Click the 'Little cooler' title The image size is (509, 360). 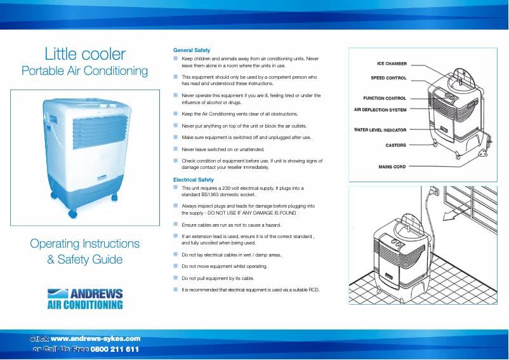[x=85, y=54]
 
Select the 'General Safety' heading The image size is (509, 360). [x=192, y=50]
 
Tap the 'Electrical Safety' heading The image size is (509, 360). [x=194, y=180]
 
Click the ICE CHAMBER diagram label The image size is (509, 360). [x=392, y=63]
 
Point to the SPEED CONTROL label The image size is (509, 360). [x=388, y=78]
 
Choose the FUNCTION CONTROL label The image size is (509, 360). [x=385, y=98]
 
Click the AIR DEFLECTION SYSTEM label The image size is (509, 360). [x=380, y=109]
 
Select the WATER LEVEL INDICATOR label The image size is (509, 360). [x=380, y=130]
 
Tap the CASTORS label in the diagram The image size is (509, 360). [x=395, y=145]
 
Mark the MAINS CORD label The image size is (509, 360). [x=392, y=166]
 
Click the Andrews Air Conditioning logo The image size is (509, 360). [x=85, y=299]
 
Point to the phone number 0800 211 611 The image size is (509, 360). [x=115, y=350]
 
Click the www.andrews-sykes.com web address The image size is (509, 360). [x=95, y=339]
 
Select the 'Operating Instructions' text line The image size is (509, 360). [x=85, y=244]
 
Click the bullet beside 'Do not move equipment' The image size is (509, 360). [x=176, y=266]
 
